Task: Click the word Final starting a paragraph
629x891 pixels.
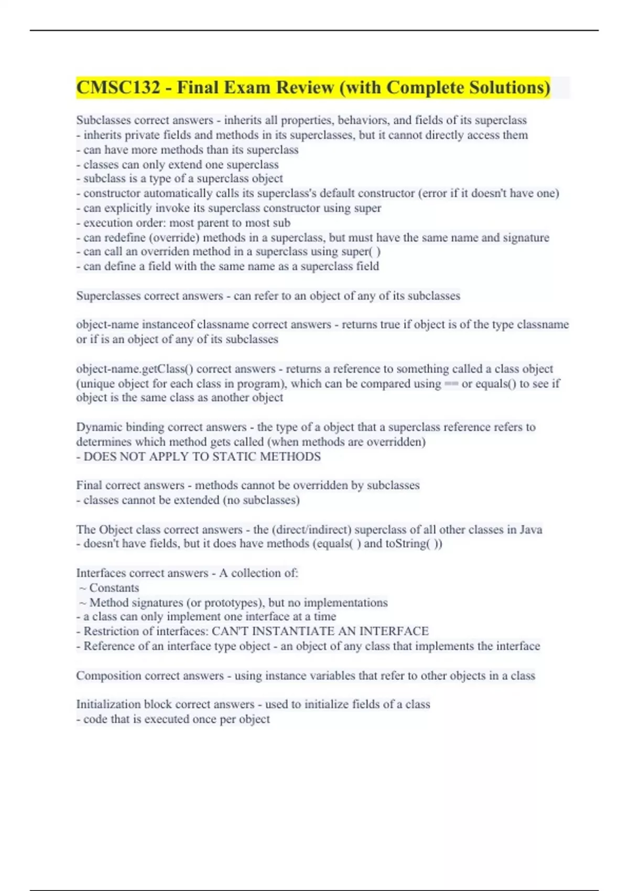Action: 88,485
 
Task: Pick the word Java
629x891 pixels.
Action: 531,529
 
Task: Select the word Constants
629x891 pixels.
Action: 114,588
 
